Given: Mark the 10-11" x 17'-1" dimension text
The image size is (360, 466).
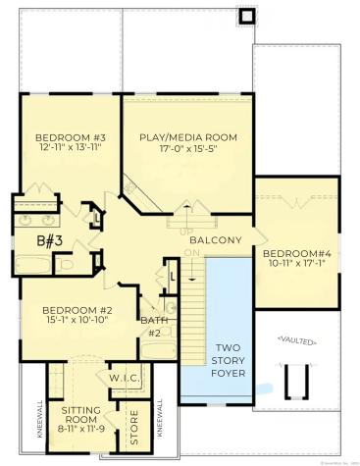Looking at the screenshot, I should (296, 265).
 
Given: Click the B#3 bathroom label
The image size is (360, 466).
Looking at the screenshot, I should (51, 238).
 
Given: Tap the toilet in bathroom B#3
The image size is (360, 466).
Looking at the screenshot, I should (67, 264).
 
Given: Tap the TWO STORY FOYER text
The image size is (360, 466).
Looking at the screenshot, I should (229, 360).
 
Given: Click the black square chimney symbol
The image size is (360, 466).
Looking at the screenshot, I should (245, 16).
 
